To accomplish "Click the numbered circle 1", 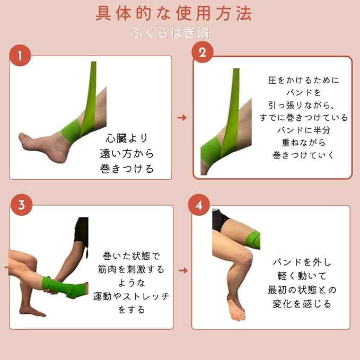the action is coord(20,55).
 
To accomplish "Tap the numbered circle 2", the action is coord(203,52).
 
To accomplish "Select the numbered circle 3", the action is coord(22,205).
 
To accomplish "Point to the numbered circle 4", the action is coord(199,205).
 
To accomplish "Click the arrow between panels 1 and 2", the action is coord(182,118).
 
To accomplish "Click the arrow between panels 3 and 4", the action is coord(183,270).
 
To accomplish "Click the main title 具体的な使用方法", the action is coord(174,13).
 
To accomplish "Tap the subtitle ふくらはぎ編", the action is coord(170,32).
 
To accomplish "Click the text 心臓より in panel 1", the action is coord(127,138).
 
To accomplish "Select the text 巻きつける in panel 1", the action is coord(127,169).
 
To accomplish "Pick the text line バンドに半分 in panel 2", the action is coord(304,130).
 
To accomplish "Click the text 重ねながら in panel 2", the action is coord(304,143).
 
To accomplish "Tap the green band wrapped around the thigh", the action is coord(253,240).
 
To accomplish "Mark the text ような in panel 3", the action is coord(131,283).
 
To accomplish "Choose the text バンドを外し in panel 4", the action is coord(302,262).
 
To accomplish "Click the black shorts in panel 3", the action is coord(82,230).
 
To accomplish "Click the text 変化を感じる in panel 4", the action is coord(302,304).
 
